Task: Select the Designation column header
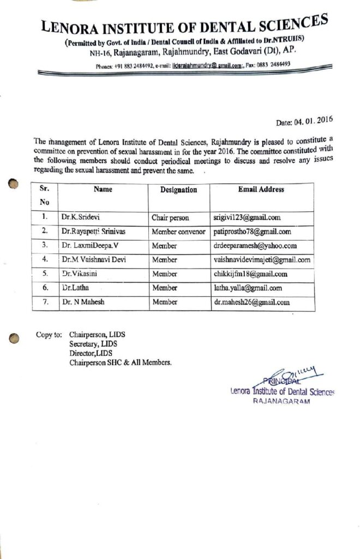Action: click(x=178, y=190)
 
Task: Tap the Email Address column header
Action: click(x=261, y=189)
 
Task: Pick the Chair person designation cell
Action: click(x=170, y=218)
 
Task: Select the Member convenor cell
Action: click(x=178, y=231)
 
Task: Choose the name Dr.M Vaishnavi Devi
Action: click(x=94, y=260)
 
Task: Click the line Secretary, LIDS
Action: click(x=93, y=344)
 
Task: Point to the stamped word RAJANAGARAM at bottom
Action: click(x=281, y=401)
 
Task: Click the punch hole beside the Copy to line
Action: click(x=15, y=338)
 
